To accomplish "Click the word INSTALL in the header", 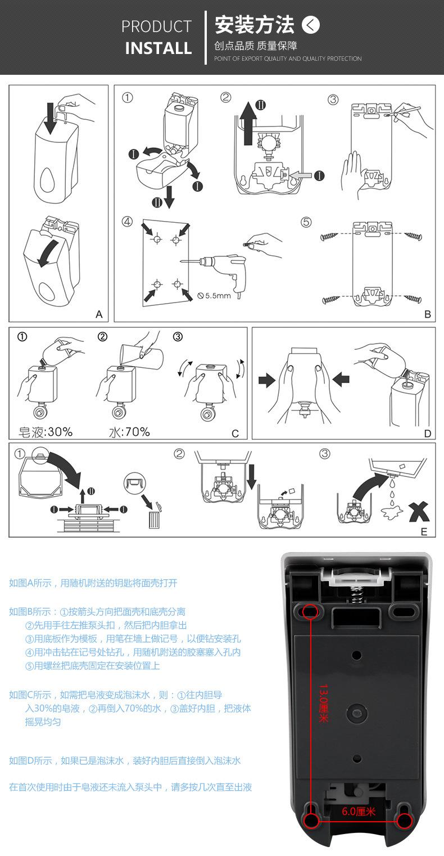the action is tap(158, 48).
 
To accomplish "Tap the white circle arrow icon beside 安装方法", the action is tap(311, 25).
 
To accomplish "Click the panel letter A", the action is tap(99, 314).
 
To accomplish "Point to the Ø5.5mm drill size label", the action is tap(214, 295).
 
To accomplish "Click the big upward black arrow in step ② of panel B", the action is tap(248, 123).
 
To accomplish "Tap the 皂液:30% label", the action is tap(46, 432).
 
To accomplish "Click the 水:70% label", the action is tap(129, 432).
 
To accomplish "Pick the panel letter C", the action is tap(235, 434).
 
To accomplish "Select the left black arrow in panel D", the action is tap(267, 380).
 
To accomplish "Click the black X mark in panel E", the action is tap(419, 512).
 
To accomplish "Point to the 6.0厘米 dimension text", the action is tap(359, 812).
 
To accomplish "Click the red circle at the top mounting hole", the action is tap(310, 611).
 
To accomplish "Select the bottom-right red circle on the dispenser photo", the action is tap(405, 821).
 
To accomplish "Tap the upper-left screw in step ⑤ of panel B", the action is tap(329, 237).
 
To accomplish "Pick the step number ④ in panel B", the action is tap(127, 222).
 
